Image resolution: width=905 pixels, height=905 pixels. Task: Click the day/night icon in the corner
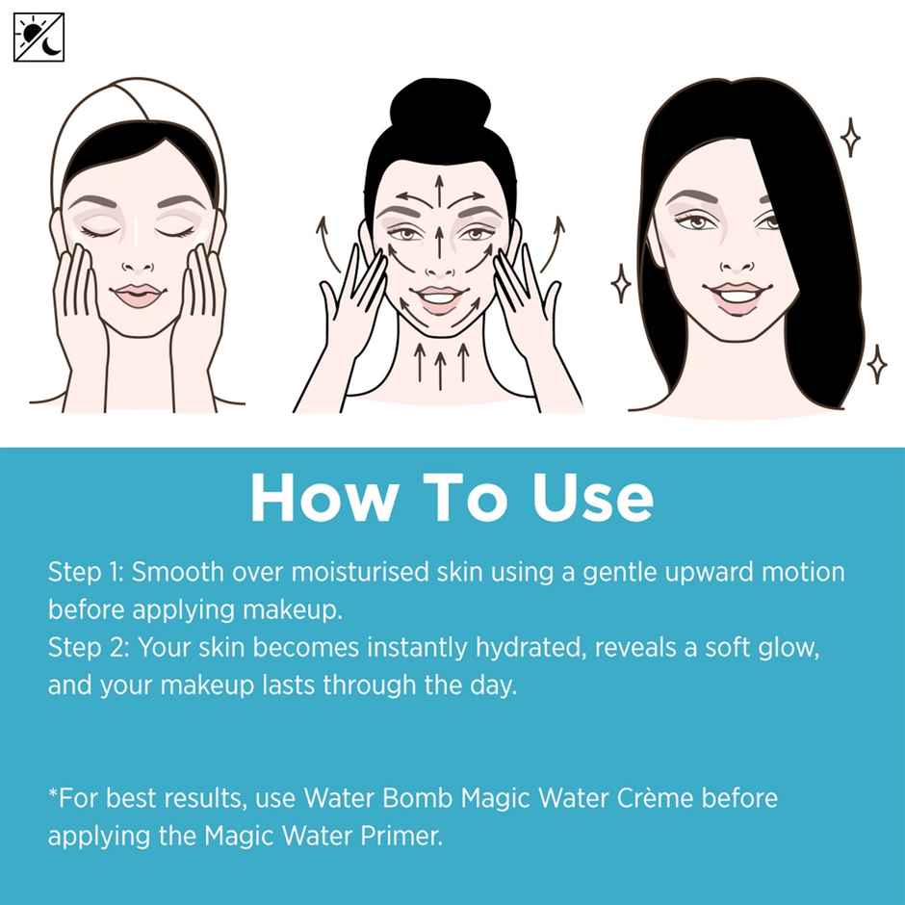pyautogui.click(x=39, y=38)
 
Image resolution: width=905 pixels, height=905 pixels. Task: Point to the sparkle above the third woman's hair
pyautogui.click(x=850, y=139)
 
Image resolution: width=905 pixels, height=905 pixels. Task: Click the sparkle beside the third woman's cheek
pyautogui.click(x=623, y=285)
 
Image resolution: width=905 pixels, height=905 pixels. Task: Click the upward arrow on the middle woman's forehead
pyautogui.click(x=439, y=187)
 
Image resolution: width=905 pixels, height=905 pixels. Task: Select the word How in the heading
pyautogui.click(x=323, y=499)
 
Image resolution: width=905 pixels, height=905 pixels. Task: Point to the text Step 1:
pyautogui.click(x=86, y=572)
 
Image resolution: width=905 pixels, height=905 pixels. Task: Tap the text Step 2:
pyautogui.click(x=88, y=648)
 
